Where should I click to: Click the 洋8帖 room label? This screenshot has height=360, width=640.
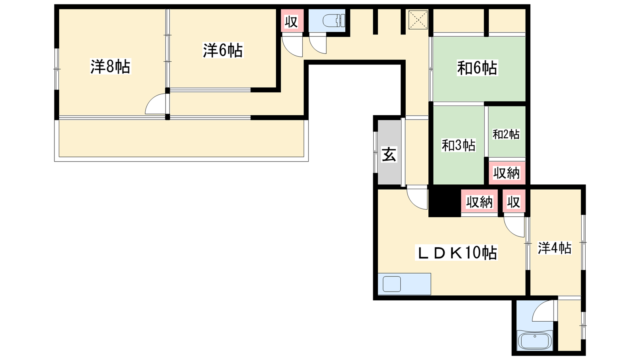pos(110,67)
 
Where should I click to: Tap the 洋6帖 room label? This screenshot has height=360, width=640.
pos(223,51)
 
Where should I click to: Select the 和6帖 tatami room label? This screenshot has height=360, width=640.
pos(477,68)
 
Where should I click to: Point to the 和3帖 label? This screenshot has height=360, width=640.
pos(458,145)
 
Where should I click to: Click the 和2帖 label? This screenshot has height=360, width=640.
pos(506,134)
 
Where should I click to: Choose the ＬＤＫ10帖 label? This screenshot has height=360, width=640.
pos(457,253)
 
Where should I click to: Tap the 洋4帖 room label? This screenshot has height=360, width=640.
pos(554,248)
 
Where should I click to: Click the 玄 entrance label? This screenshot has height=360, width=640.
pos(389,154)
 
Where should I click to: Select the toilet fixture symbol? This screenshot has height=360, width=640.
pos(333,20)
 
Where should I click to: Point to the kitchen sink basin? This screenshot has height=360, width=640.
pos(392,284)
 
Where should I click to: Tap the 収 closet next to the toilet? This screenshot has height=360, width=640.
pos(291,22)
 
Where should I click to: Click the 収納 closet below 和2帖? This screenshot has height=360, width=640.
pos(506,173)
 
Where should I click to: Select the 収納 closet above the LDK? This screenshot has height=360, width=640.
pos(479,202)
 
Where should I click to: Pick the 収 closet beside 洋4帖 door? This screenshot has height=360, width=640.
pos(514,202)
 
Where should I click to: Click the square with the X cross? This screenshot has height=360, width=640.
pos(418,20)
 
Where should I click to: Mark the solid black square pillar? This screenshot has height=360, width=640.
pos(444,202)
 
